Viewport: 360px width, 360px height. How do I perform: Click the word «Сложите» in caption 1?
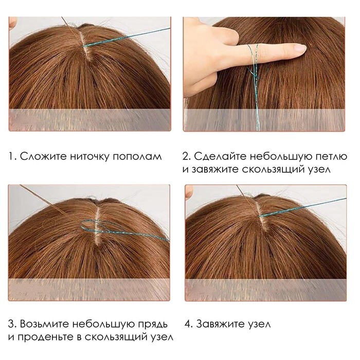43,156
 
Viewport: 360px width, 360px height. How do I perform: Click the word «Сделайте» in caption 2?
220,157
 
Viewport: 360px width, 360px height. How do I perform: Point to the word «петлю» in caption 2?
329,157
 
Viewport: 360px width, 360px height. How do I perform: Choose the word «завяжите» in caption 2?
215,170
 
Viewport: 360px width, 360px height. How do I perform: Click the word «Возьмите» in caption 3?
45,324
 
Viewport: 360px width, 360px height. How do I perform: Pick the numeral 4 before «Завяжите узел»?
188,324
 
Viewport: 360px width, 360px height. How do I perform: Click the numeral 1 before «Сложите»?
11,157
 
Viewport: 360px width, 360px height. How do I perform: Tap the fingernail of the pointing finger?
299,48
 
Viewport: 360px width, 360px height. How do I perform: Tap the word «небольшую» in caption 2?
279,157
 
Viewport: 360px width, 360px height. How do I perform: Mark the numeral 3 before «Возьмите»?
11,324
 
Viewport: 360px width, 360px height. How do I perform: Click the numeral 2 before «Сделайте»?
186,157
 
